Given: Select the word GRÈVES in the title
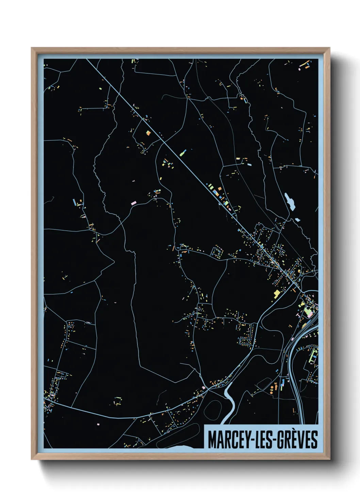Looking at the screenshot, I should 297,440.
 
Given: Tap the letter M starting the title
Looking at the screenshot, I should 212,440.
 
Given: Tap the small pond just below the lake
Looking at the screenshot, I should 297,219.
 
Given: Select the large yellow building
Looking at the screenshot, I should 277,293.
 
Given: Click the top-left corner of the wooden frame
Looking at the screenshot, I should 32,48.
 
